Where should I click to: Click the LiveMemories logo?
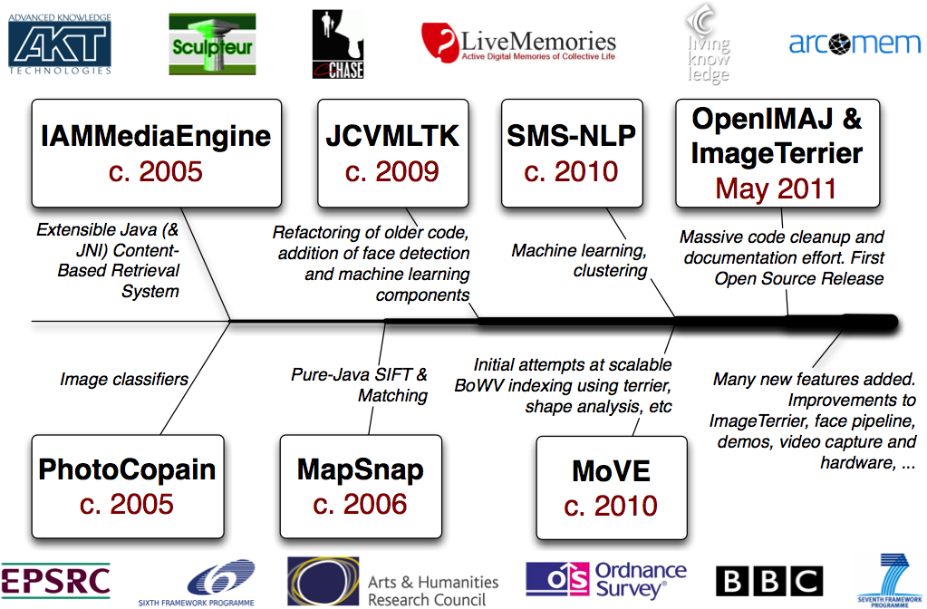[x=518, y=43]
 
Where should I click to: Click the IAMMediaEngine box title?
[x=156, y=136]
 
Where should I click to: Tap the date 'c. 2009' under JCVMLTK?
[x=392, y=170]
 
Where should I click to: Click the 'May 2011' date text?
[x=776, y=188]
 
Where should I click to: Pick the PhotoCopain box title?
[x=127, y=469]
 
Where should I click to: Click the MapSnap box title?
[x=360, y=469]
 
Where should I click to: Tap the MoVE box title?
[x=611, y=471]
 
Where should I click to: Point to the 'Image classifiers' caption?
[x=123, y=380]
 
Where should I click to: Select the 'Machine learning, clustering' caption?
[x=580, y=260]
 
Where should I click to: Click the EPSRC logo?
[x=55, y=580]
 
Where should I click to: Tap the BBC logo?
[x=768, y=582]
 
